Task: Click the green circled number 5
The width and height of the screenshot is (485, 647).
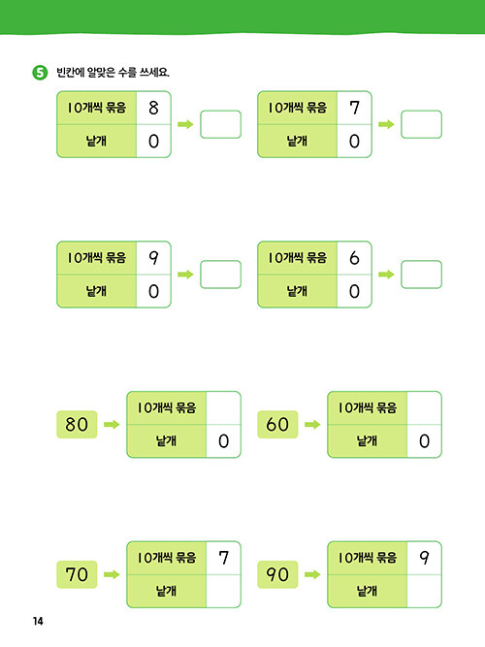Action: [40, 73]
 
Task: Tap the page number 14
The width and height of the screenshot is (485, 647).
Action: [38, 621]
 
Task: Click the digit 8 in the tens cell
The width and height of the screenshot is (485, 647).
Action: [153, 108]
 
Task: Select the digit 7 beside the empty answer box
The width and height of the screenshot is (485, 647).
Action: [354, 108]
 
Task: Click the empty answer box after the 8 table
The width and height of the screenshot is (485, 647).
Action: [221, 124]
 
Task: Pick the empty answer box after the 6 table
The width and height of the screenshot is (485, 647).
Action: [421, 275]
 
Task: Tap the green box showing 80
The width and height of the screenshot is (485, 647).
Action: [77, 425]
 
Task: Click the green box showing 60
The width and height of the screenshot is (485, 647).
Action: [277, 425]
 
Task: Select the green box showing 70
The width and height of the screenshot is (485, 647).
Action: [77, 574]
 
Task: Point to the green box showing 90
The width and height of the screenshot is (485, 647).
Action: [277, 574]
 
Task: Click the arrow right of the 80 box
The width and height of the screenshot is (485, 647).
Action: [112, 425]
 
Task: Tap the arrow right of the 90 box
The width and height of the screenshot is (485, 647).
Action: [312, 574]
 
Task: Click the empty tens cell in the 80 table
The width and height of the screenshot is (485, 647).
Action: [223, 407]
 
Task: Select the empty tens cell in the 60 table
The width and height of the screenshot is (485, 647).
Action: [424, 407]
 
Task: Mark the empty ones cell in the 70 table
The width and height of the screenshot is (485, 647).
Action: [223, 592]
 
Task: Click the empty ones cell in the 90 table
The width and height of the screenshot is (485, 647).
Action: [424, 592]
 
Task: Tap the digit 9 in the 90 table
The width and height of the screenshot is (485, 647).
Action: [424, 558]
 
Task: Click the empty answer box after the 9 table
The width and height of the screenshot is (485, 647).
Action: [221, 275]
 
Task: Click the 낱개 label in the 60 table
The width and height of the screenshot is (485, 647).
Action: [367, 441]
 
